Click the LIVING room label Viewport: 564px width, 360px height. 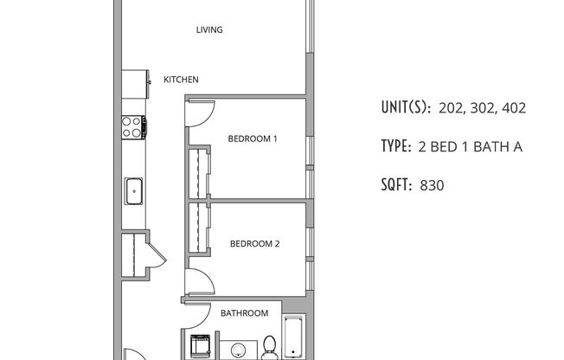point(208,30)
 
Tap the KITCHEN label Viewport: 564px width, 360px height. point(181,80)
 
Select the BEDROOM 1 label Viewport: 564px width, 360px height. point(252,138)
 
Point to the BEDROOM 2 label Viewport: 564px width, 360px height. point(254,244)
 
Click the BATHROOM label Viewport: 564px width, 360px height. point(244,313)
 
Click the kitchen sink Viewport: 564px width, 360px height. point(134,190)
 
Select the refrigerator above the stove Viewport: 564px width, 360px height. point(132,84)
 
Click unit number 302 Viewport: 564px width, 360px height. point(474,109)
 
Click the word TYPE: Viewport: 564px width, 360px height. point(396,147)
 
